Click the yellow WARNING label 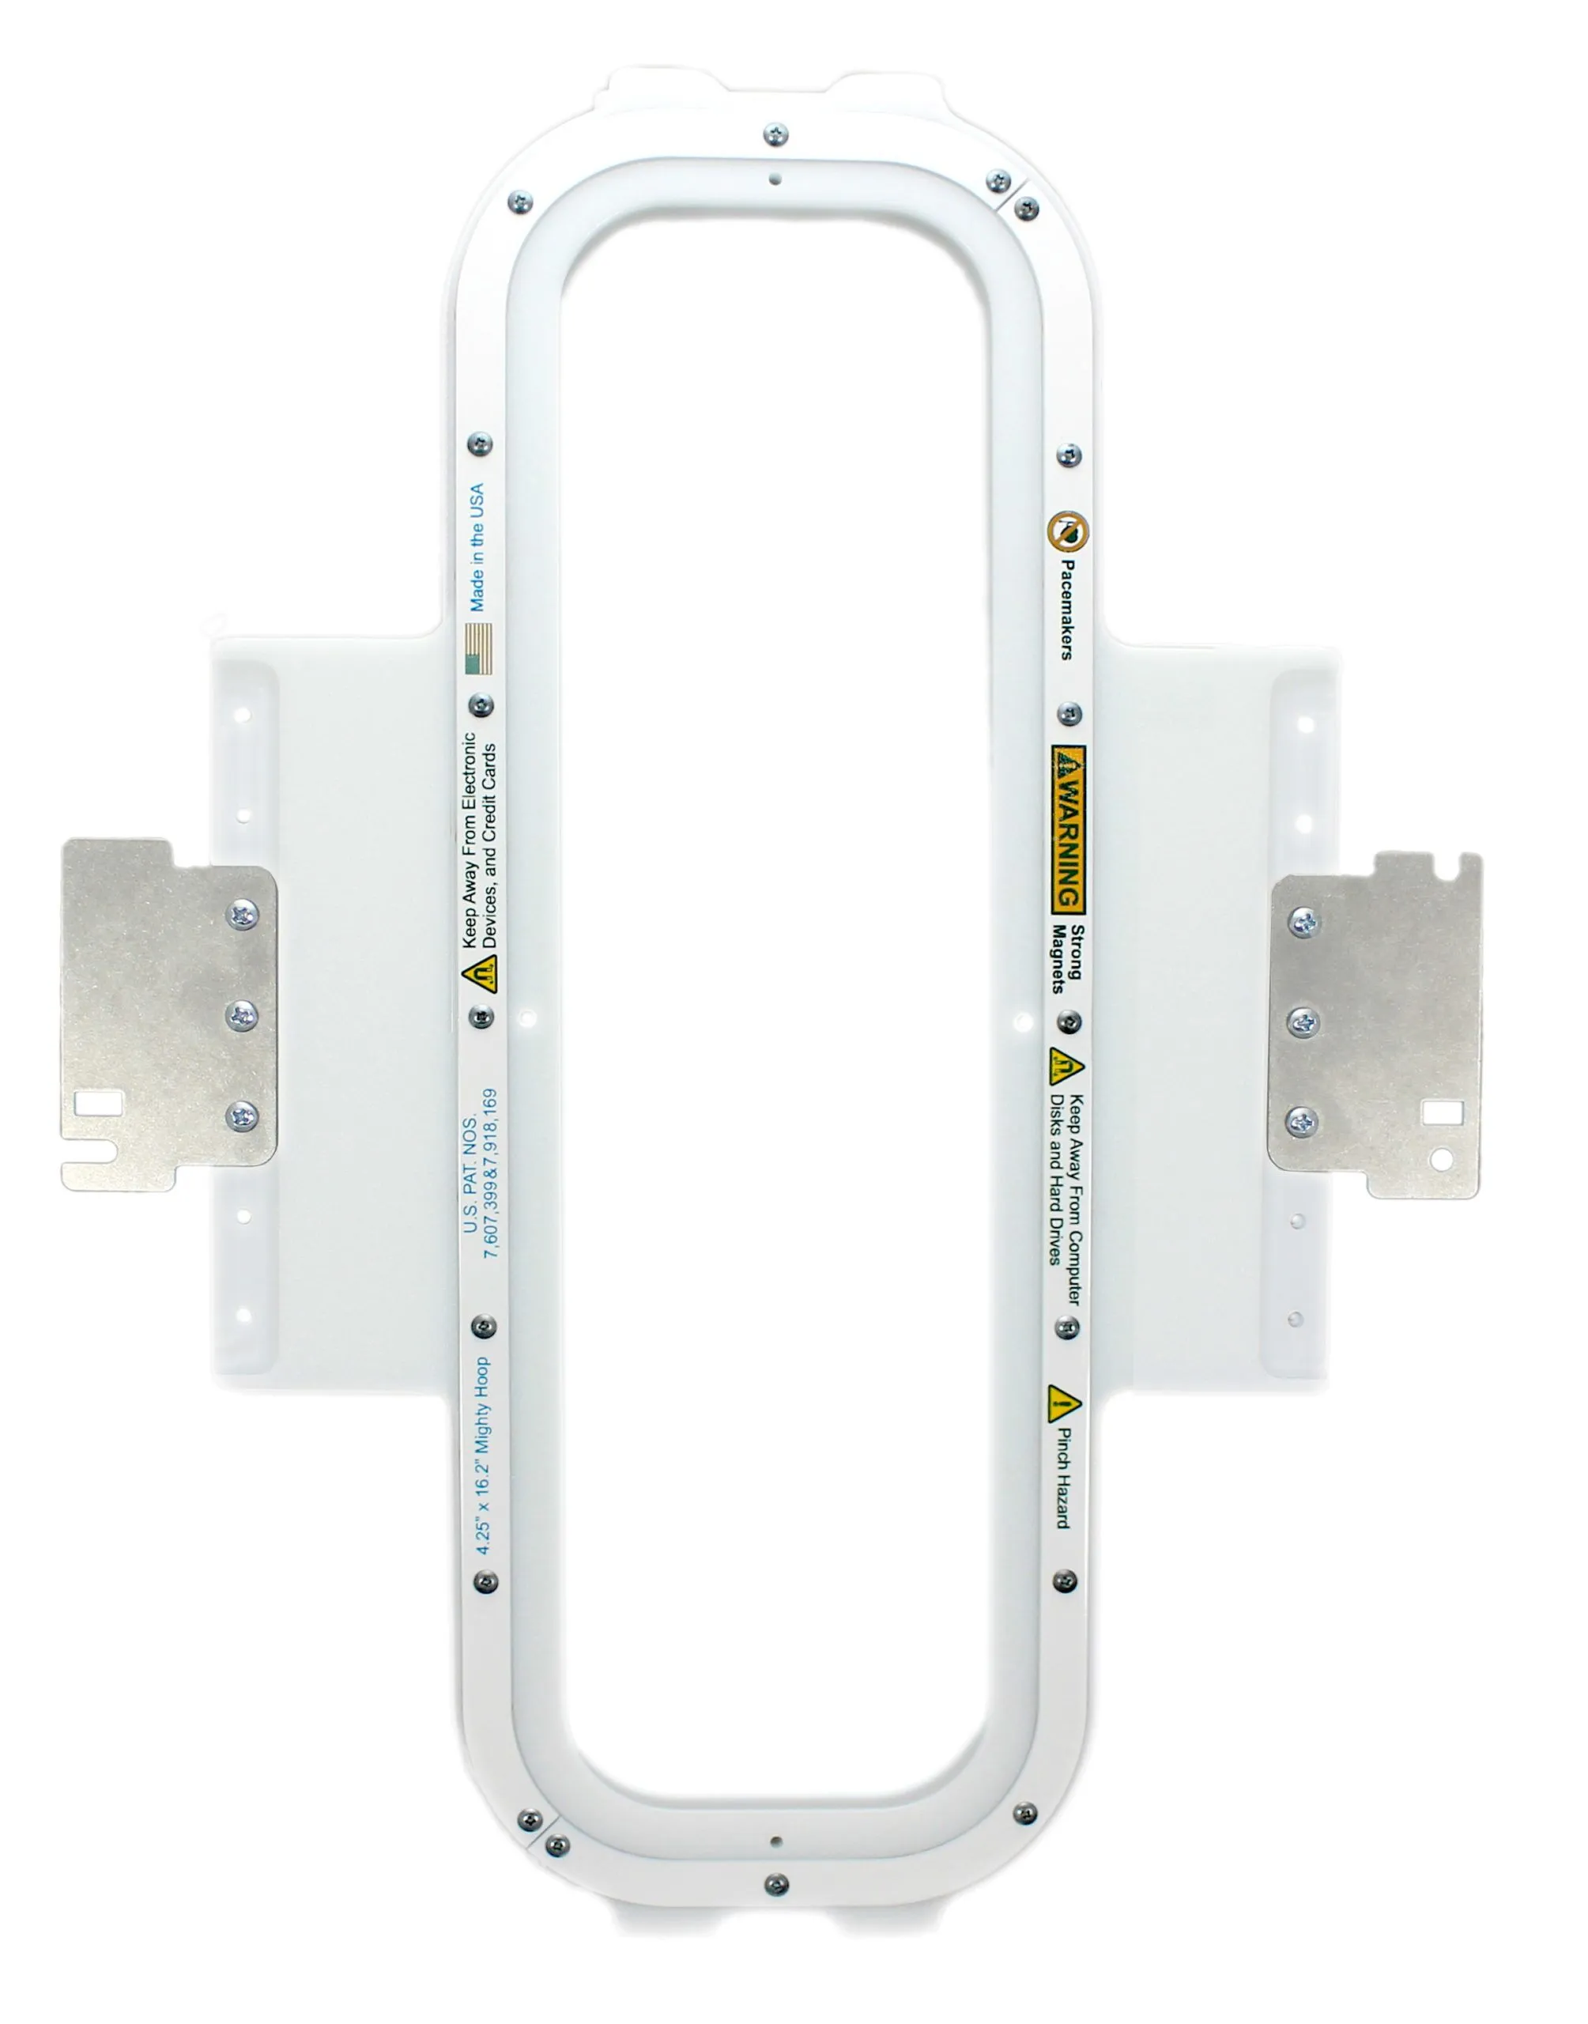(1068, 828)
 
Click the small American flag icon (478, 648)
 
